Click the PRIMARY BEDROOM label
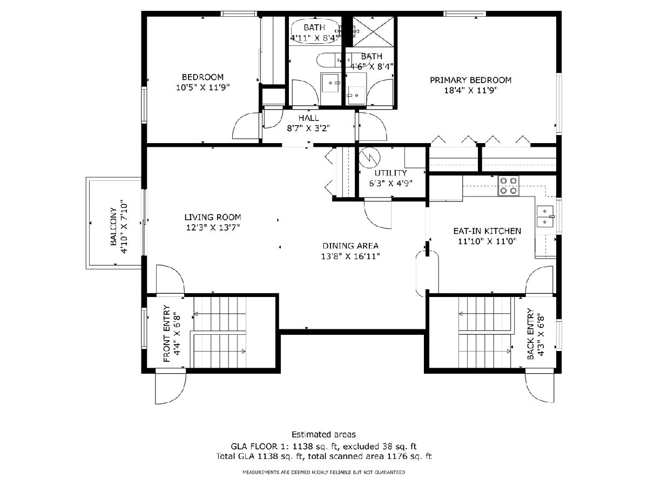(x=470, y=80)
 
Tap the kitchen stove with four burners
(x=508, y=186)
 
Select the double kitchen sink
(x=545, y=217)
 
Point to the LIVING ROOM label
(x=213, y=217)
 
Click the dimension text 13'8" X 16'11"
(x=350, y=256)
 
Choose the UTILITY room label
(x=390, y=173)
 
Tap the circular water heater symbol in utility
(x=369, y=157)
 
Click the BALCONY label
(x=113, y=227)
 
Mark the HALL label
(x=308, y=118)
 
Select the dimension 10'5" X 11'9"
(x=203, y=87)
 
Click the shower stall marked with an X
(x=373, y=32)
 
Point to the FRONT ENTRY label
(x=167, y=333)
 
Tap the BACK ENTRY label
(x=530, y=334)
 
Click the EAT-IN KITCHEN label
(x=487, y=231)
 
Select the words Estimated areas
(x=323, y=434)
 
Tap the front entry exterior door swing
(x=171, y=388)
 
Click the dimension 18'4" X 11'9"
(x=471, y=90)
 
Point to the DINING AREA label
(x=350, y=246)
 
